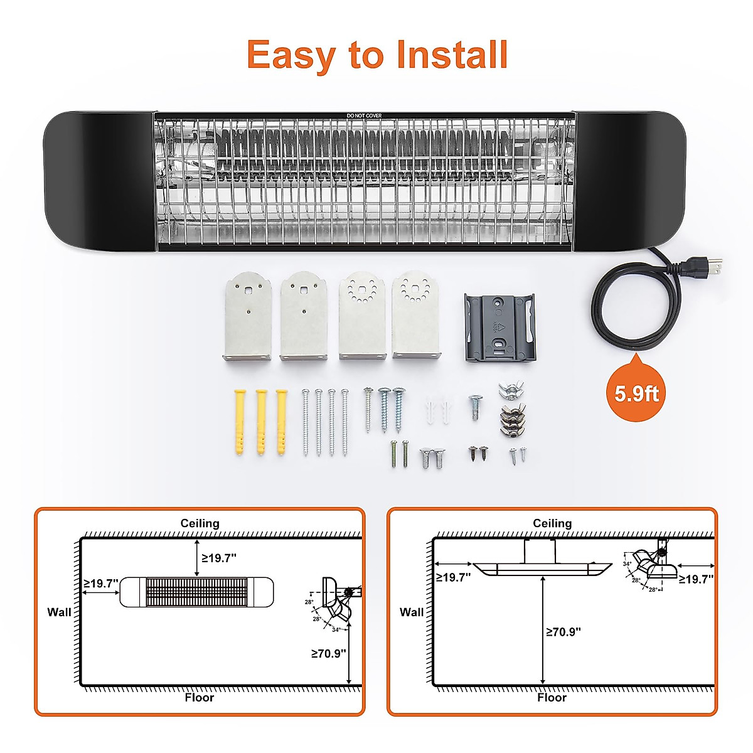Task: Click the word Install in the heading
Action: tap(452, 55)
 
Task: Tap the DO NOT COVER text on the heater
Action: tap(364, 115)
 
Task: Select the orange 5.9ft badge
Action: tap(636, 393)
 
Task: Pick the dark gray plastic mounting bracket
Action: tap(499, 328)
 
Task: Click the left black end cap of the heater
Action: tap(99, 181)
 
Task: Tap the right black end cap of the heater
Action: tap(629, 181)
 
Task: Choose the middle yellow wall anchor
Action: tap(261, 422)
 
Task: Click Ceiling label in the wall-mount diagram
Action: tap(200, 523)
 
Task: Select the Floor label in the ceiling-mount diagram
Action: tap(552, 697)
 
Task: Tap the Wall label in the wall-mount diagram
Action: tap(59, 612)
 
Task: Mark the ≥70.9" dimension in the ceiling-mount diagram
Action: tap(563, 632)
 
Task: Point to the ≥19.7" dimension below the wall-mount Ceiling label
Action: tap(219, 558)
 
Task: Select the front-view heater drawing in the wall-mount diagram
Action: tap(196, 592)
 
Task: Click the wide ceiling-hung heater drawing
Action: tap(542, 568)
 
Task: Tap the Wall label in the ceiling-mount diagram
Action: tap(412, 612)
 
